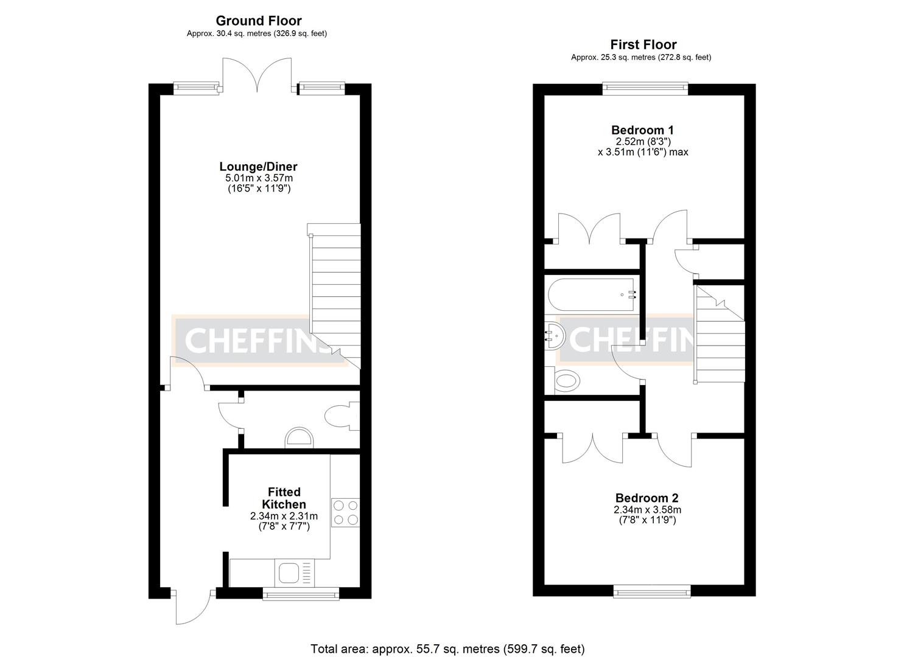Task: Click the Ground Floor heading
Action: coord(259,21)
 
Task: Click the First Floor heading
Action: coord(643,44)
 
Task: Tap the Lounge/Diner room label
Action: coord(258,167)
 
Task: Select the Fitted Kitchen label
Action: coord(284,498)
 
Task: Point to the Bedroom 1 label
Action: coord(642,130)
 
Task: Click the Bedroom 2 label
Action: coord(646,498)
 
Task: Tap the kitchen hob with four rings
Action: coord(345,512)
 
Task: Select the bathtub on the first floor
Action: coord(591,294)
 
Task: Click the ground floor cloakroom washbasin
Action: coord(299,437)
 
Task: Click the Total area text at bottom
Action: coord(447,648)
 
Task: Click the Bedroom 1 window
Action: coord(645,89)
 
